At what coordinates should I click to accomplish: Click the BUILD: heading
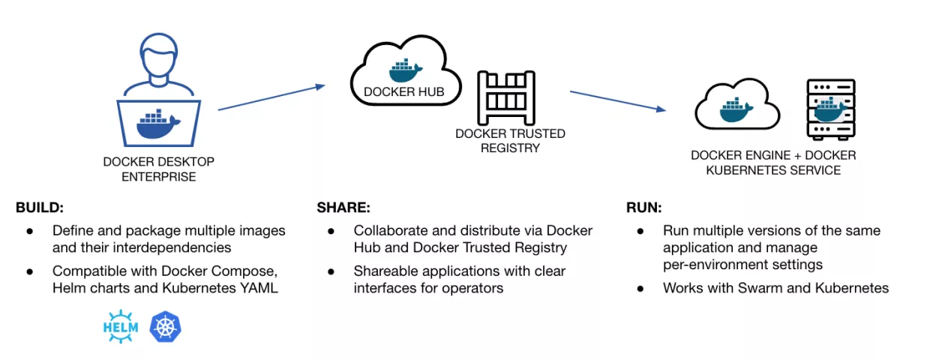coord(40,208)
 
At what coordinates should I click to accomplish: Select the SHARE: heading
coord(343,208)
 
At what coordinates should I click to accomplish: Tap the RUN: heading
coord(644,208)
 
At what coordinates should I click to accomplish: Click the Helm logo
coord(121,326)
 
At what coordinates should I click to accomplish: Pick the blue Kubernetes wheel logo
coord(166,326)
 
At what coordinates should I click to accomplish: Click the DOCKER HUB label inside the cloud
coord(404,92)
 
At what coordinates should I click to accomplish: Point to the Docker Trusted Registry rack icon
coord(506,98)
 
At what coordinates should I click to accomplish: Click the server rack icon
coord(831,109)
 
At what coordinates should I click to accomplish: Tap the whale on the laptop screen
coord(158,124)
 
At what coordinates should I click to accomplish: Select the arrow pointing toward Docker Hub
coord(271,97)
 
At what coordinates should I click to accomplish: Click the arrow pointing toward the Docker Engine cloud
coord(618,101)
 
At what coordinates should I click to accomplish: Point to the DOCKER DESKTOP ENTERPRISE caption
coord(159,169)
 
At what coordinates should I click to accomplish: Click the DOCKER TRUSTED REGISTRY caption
coord(510,141)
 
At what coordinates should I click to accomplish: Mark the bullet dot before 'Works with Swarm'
coord(640,289)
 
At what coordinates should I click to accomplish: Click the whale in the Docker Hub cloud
coord(405,70)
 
